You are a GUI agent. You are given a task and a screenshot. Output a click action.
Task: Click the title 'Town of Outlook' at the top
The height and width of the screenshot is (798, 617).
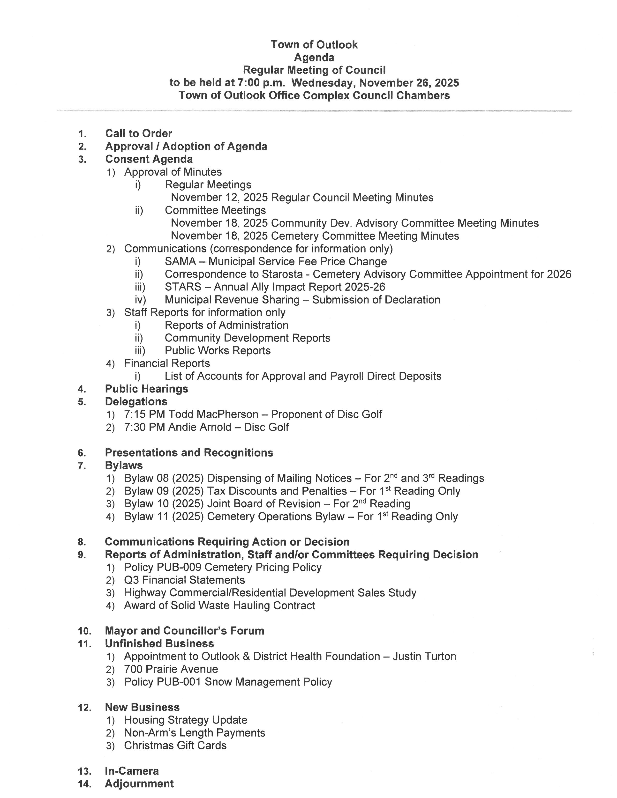[x=314, y=44]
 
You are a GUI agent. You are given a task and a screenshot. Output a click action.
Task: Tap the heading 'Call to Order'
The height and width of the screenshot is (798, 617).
[x=139, y=133]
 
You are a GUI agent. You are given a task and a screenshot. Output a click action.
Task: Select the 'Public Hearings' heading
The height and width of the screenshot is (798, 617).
[x=147, y=389]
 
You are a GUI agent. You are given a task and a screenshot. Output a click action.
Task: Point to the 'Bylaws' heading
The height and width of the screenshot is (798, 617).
[x=124, y=465]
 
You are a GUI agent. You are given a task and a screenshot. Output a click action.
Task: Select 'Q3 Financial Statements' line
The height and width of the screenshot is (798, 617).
[x=184, y=580]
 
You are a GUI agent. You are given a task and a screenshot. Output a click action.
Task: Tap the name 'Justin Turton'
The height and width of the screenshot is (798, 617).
[x=424, y=657]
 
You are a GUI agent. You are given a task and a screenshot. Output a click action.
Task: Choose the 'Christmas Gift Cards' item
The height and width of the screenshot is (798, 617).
[x=175, y=746]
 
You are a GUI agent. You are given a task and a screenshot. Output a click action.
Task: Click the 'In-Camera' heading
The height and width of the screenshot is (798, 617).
[x=132, y=771]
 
